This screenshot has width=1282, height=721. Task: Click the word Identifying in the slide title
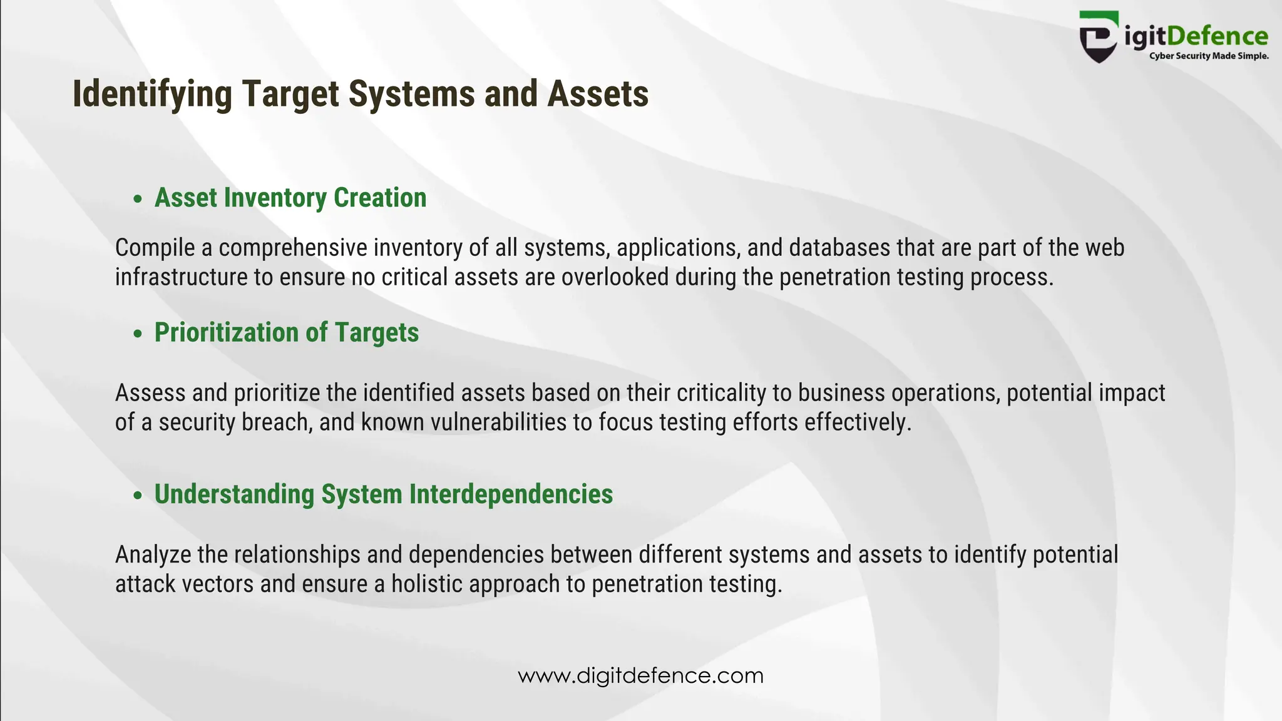[152, 94]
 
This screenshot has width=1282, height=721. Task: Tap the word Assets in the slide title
[598, 94]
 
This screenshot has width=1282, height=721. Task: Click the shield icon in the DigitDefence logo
[1098, 38]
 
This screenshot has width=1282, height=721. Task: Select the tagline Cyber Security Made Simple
[1208, 56]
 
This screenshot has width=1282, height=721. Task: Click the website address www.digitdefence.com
[640, 676]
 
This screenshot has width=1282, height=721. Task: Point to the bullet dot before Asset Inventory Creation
[138, 199]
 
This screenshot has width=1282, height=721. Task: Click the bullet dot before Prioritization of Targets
[138, 334]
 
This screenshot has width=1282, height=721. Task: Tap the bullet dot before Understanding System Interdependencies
[138, 496]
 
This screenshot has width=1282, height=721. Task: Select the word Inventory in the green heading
[275, 198]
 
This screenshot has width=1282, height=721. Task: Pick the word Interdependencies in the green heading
[511, 494]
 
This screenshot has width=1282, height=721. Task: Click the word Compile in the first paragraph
[155, 248]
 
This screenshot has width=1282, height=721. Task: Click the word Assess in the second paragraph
[151, 393]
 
